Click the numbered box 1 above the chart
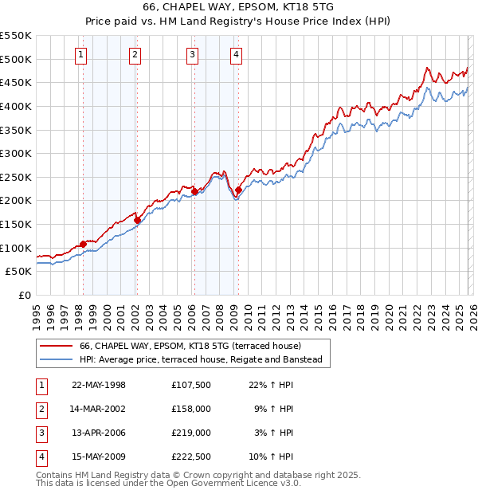82,54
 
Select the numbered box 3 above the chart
193,54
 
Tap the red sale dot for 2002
137,220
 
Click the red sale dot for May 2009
238,190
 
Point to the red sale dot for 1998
83,244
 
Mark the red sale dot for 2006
194,191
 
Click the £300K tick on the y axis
16,153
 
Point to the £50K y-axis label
18,271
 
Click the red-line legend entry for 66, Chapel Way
190,346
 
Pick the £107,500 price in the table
190,385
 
